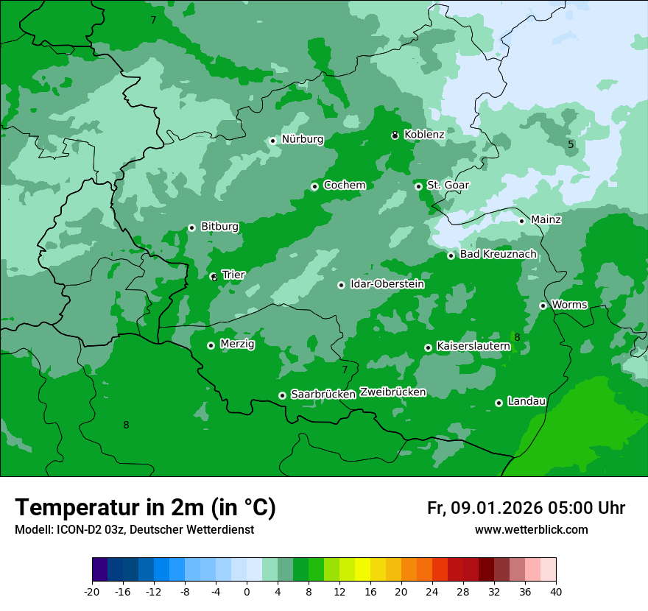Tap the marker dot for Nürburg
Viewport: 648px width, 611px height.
[272, 141]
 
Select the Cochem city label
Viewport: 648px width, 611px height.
[344, 186]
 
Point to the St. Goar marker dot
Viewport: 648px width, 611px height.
[418, 186]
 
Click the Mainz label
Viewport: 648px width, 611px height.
[546, 219]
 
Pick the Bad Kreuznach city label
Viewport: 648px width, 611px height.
[498, 255]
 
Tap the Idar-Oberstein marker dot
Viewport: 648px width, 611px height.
[341, 285]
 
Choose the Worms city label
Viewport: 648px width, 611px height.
[569, 305]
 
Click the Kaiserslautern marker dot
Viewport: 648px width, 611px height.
[428, 347]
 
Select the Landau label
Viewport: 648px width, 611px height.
[526, 402]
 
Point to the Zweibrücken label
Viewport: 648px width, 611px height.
[392, 392]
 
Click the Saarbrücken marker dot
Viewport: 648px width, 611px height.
[282, 395]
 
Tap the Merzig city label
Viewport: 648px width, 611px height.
[237, 344]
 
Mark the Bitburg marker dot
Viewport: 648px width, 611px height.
[191, 227]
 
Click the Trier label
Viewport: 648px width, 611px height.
[233, 275]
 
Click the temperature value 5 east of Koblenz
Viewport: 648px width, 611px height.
[571, 145]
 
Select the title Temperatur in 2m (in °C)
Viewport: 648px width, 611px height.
[145, 508]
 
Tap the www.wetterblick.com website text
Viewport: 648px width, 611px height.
[531, 530]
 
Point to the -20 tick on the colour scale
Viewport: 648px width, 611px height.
[92, 592]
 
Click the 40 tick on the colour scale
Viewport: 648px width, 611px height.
[556, 592]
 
